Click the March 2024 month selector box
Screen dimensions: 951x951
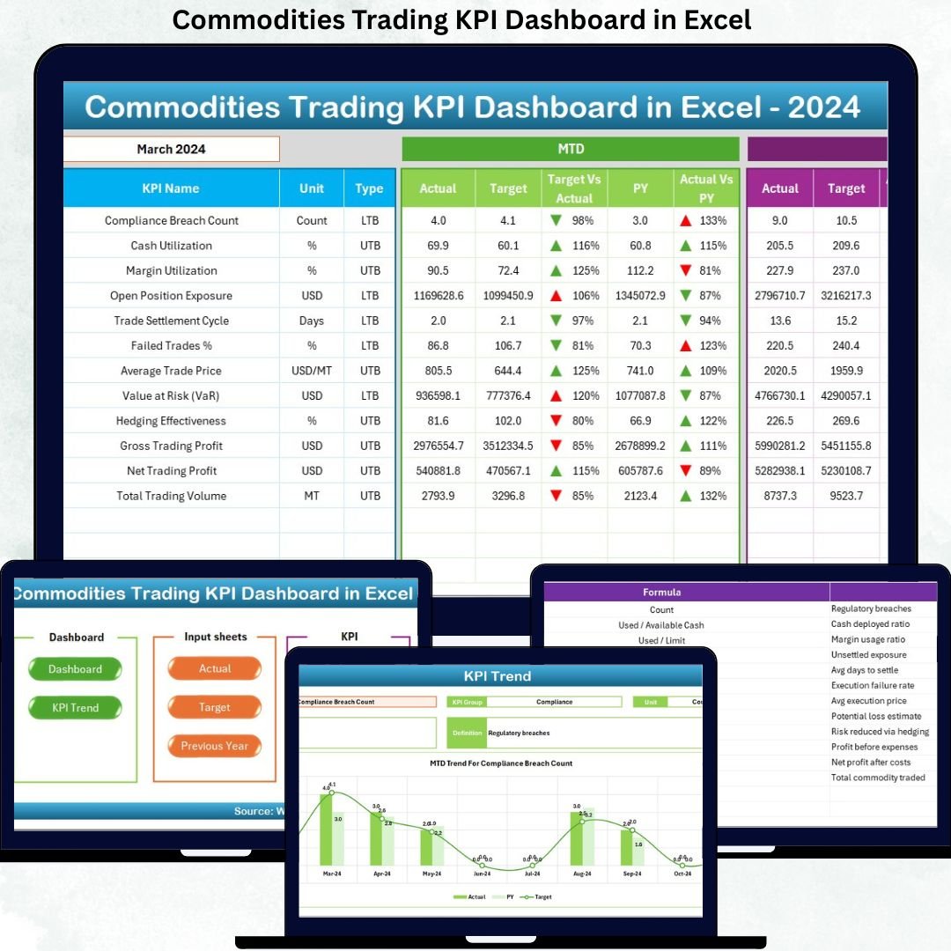click(x=172, y=149)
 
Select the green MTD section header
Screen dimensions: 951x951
click(x=570, y=149)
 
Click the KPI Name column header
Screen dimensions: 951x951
click(x=171, y=188)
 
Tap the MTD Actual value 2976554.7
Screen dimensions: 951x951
click(x=438, y=446)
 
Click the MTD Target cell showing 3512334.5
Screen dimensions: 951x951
click(x=508, y=446)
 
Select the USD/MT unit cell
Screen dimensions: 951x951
click(x=312, y=371)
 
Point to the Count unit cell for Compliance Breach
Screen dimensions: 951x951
click(x=312, y=221)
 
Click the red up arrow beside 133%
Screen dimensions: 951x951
click(x=686, y=221)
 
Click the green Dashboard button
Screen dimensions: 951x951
click(x=75, y=669)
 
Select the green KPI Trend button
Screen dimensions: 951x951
click(x=75, y=708)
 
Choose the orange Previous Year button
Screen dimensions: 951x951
click(x=215, y=746)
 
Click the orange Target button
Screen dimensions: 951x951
click(x=215, y=707)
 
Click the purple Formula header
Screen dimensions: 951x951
click(x=661, y=593)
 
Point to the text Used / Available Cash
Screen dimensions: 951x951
click(x=661, y=625)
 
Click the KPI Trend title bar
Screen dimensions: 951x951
click(x=498, y=676)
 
